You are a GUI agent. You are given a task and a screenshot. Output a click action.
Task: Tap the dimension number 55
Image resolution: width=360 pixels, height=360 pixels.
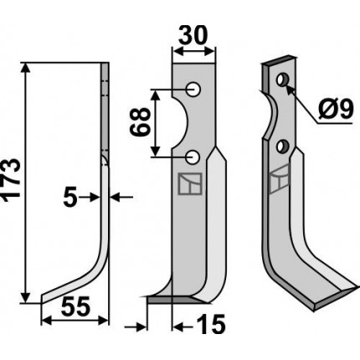[76, 306]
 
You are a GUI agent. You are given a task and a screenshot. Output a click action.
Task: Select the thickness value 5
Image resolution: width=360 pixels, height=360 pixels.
[70, 198]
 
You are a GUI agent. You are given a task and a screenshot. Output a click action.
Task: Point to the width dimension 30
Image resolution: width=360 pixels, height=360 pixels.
[193, 35]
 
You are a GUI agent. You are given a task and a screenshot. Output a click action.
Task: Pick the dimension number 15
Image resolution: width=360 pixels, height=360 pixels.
[211, 324]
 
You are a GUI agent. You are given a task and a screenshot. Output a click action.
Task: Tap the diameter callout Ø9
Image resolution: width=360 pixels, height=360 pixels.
[336, 109]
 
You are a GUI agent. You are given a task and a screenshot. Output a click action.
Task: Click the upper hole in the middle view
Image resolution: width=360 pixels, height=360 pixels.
[193, 90]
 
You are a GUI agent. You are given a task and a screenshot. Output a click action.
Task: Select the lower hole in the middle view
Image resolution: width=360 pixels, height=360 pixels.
[193, 157]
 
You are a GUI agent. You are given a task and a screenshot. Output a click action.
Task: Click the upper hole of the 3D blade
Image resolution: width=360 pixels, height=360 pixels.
[282, 80]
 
